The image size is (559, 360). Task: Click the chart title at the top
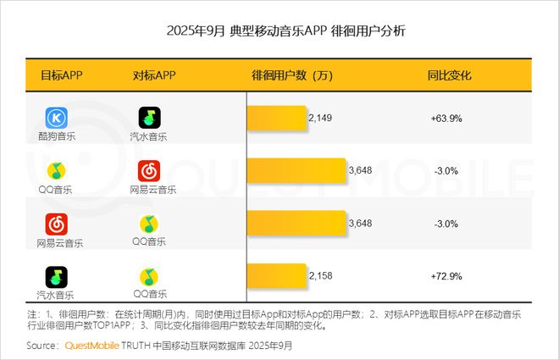click(x=279, y=31)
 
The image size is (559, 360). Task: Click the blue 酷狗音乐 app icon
click(x=56, y=118)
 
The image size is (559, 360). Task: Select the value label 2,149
click(x=320, y=118)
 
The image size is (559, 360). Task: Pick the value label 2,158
click(x=320, y=276)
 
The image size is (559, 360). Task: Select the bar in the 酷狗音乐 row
click(x=277, y=118)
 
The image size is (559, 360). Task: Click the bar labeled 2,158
click(x=277, y=276)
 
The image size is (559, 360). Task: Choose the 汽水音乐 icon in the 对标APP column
click(x=150, y=118)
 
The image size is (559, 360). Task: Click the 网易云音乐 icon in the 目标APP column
click(x=56, y=224)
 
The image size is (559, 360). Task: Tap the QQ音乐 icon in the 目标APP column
click(x=56, y=171)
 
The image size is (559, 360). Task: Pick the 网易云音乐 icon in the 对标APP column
click(x=150, y=171)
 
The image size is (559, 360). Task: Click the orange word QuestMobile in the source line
click(x=91, y=346)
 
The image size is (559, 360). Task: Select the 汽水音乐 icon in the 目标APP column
click(x=56, y=277)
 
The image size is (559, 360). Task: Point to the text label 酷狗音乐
click(x=56, y=136)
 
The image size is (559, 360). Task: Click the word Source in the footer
click(x=42, y=346)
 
